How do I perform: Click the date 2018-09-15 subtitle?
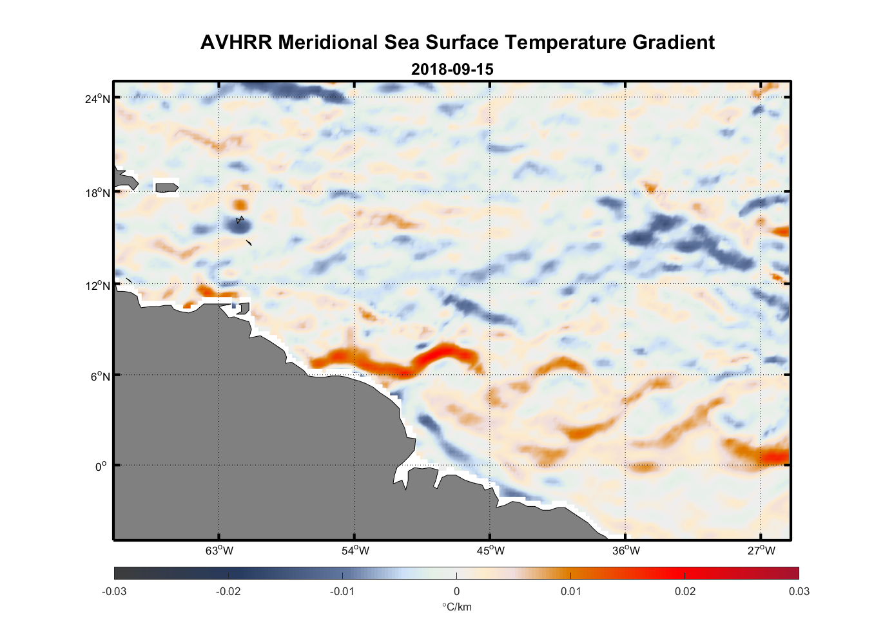(x=452, y=69)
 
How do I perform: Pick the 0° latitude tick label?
(x=101, y=466)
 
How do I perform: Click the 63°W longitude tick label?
(x=219, y=551)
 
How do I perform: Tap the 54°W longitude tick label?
(x=355, y=551)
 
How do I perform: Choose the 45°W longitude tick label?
(x=490, y=551)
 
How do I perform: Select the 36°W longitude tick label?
(x=626, y=551)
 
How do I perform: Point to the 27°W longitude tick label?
(x=761, y=551)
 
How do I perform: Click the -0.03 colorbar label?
(x=114, y=591)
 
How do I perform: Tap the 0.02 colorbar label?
(x=685, y=591)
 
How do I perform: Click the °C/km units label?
(x=456, y=607)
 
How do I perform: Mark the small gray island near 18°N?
(x=166, y=187)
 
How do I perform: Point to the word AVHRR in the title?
(x=236, y=43)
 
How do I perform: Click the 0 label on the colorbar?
(x=456, y=591)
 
